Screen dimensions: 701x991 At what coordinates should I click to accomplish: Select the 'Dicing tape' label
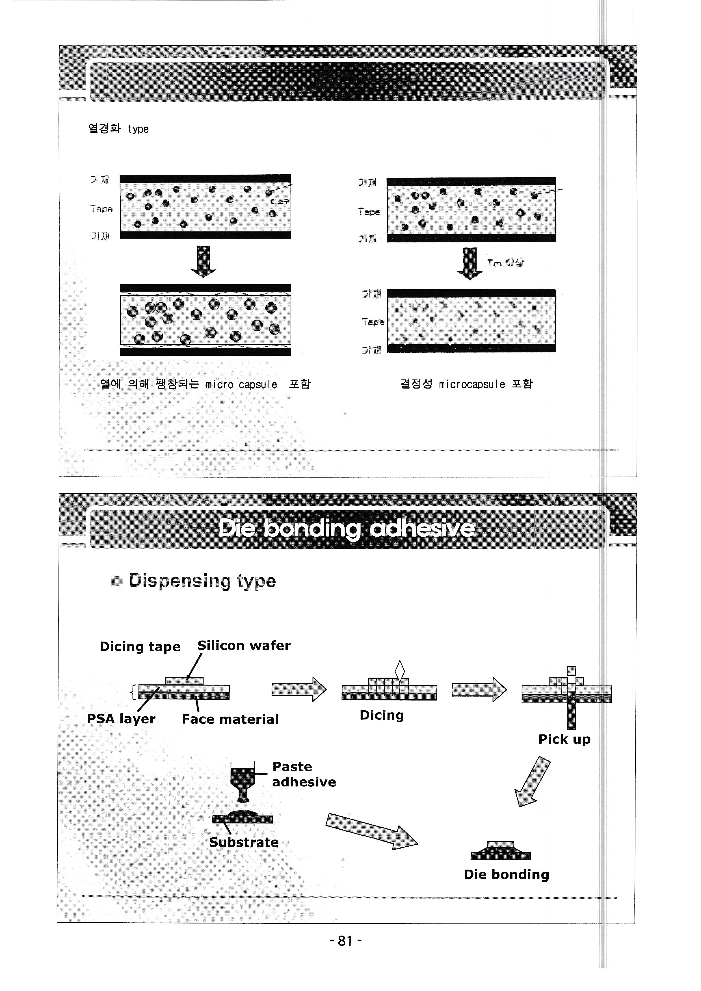[x=140, y=646]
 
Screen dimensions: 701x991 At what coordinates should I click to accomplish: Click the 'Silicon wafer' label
[x=244, y=645]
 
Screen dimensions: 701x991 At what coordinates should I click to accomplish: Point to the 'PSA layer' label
[x=121, y=719]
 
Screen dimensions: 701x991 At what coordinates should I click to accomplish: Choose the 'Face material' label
[x=230, y=719]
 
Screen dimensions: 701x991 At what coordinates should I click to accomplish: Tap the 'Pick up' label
[x=564, y=739]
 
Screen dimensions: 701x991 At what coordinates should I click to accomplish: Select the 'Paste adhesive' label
[x=304, y=774]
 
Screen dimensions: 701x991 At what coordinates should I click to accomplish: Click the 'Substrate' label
[x=244, y=842]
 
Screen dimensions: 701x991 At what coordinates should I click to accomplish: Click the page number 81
[x=345, y=940]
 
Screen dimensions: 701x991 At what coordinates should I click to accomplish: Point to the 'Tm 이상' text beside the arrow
[x=505, y=263]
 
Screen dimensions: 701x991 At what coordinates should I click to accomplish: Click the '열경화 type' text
[x=118, y=129]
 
